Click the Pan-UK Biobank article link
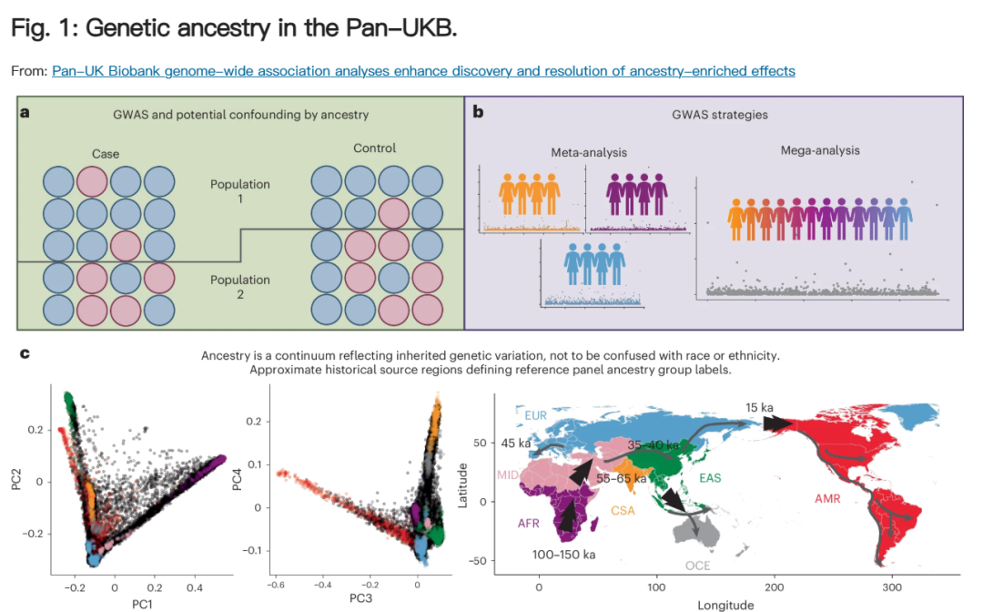pos(423,71)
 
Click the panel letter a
pos(25,112)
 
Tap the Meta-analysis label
pos(588,152)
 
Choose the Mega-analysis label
pos(819,150)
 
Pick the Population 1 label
pos(240,191)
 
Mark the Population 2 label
pos(240,287)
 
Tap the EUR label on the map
pos(537,414)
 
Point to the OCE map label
pos(697,566)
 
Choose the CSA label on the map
pos(623,510)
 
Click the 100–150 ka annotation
pos(564,554)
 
